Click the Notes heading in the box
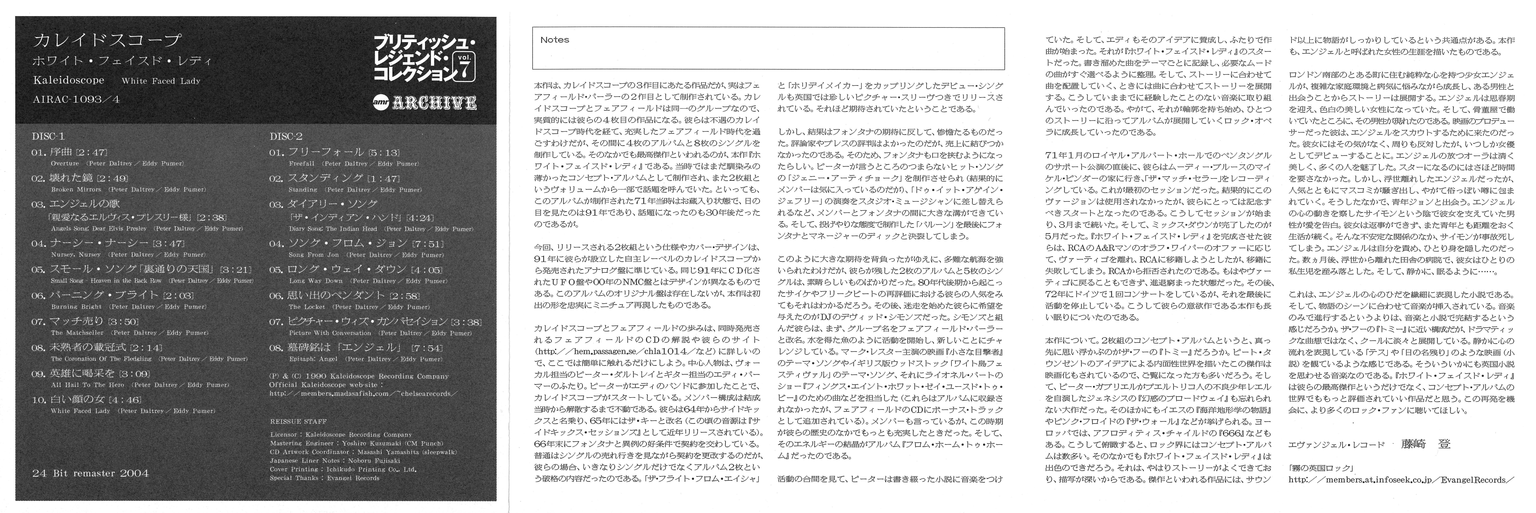[x=555, y=40]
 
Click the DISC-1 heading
[x=48, y=136]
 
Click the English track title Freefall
[x=301, y=163]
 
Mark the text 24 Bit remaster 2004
[x=91, y=473]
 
